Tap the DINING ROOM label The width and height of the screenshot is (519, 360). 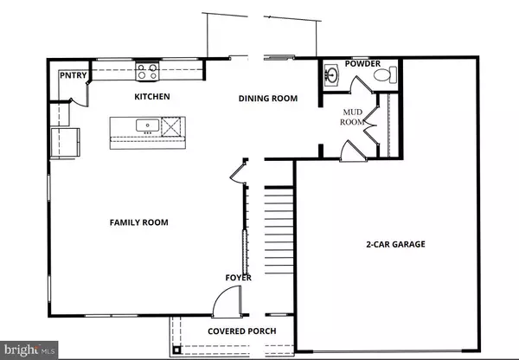(x=268, y=99)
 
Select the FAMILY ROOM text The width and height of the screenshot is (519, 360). (x=138, y=222)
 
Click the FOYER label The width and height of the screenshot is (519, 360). (x=239, y=278)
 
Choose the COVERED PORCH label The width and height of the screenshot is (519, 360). (x=241, y=331)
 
